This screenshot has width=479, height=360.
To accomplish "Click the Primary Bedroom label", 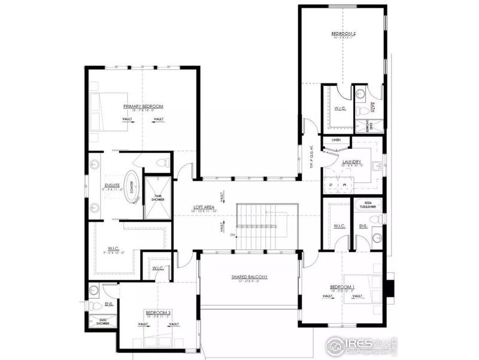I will point(143,106).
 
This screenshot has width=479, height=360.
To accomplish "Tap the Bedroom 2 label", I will point(344,34).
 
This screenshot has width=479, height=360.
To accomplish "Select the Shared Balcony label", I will point(249,277).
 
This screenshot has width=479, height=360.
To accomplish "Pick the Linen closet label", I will point(336,140).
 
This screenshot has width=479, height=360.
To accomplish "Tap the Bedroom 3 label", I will point(158,313).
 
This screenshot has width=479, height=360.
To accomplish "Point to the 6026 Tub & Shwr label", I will point(366,203).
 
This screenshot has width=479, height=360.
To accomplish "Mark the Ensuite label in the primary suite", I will point(113,185).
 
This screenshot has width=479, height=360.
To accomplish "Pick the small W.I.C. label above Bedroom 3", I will point(158,268).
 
